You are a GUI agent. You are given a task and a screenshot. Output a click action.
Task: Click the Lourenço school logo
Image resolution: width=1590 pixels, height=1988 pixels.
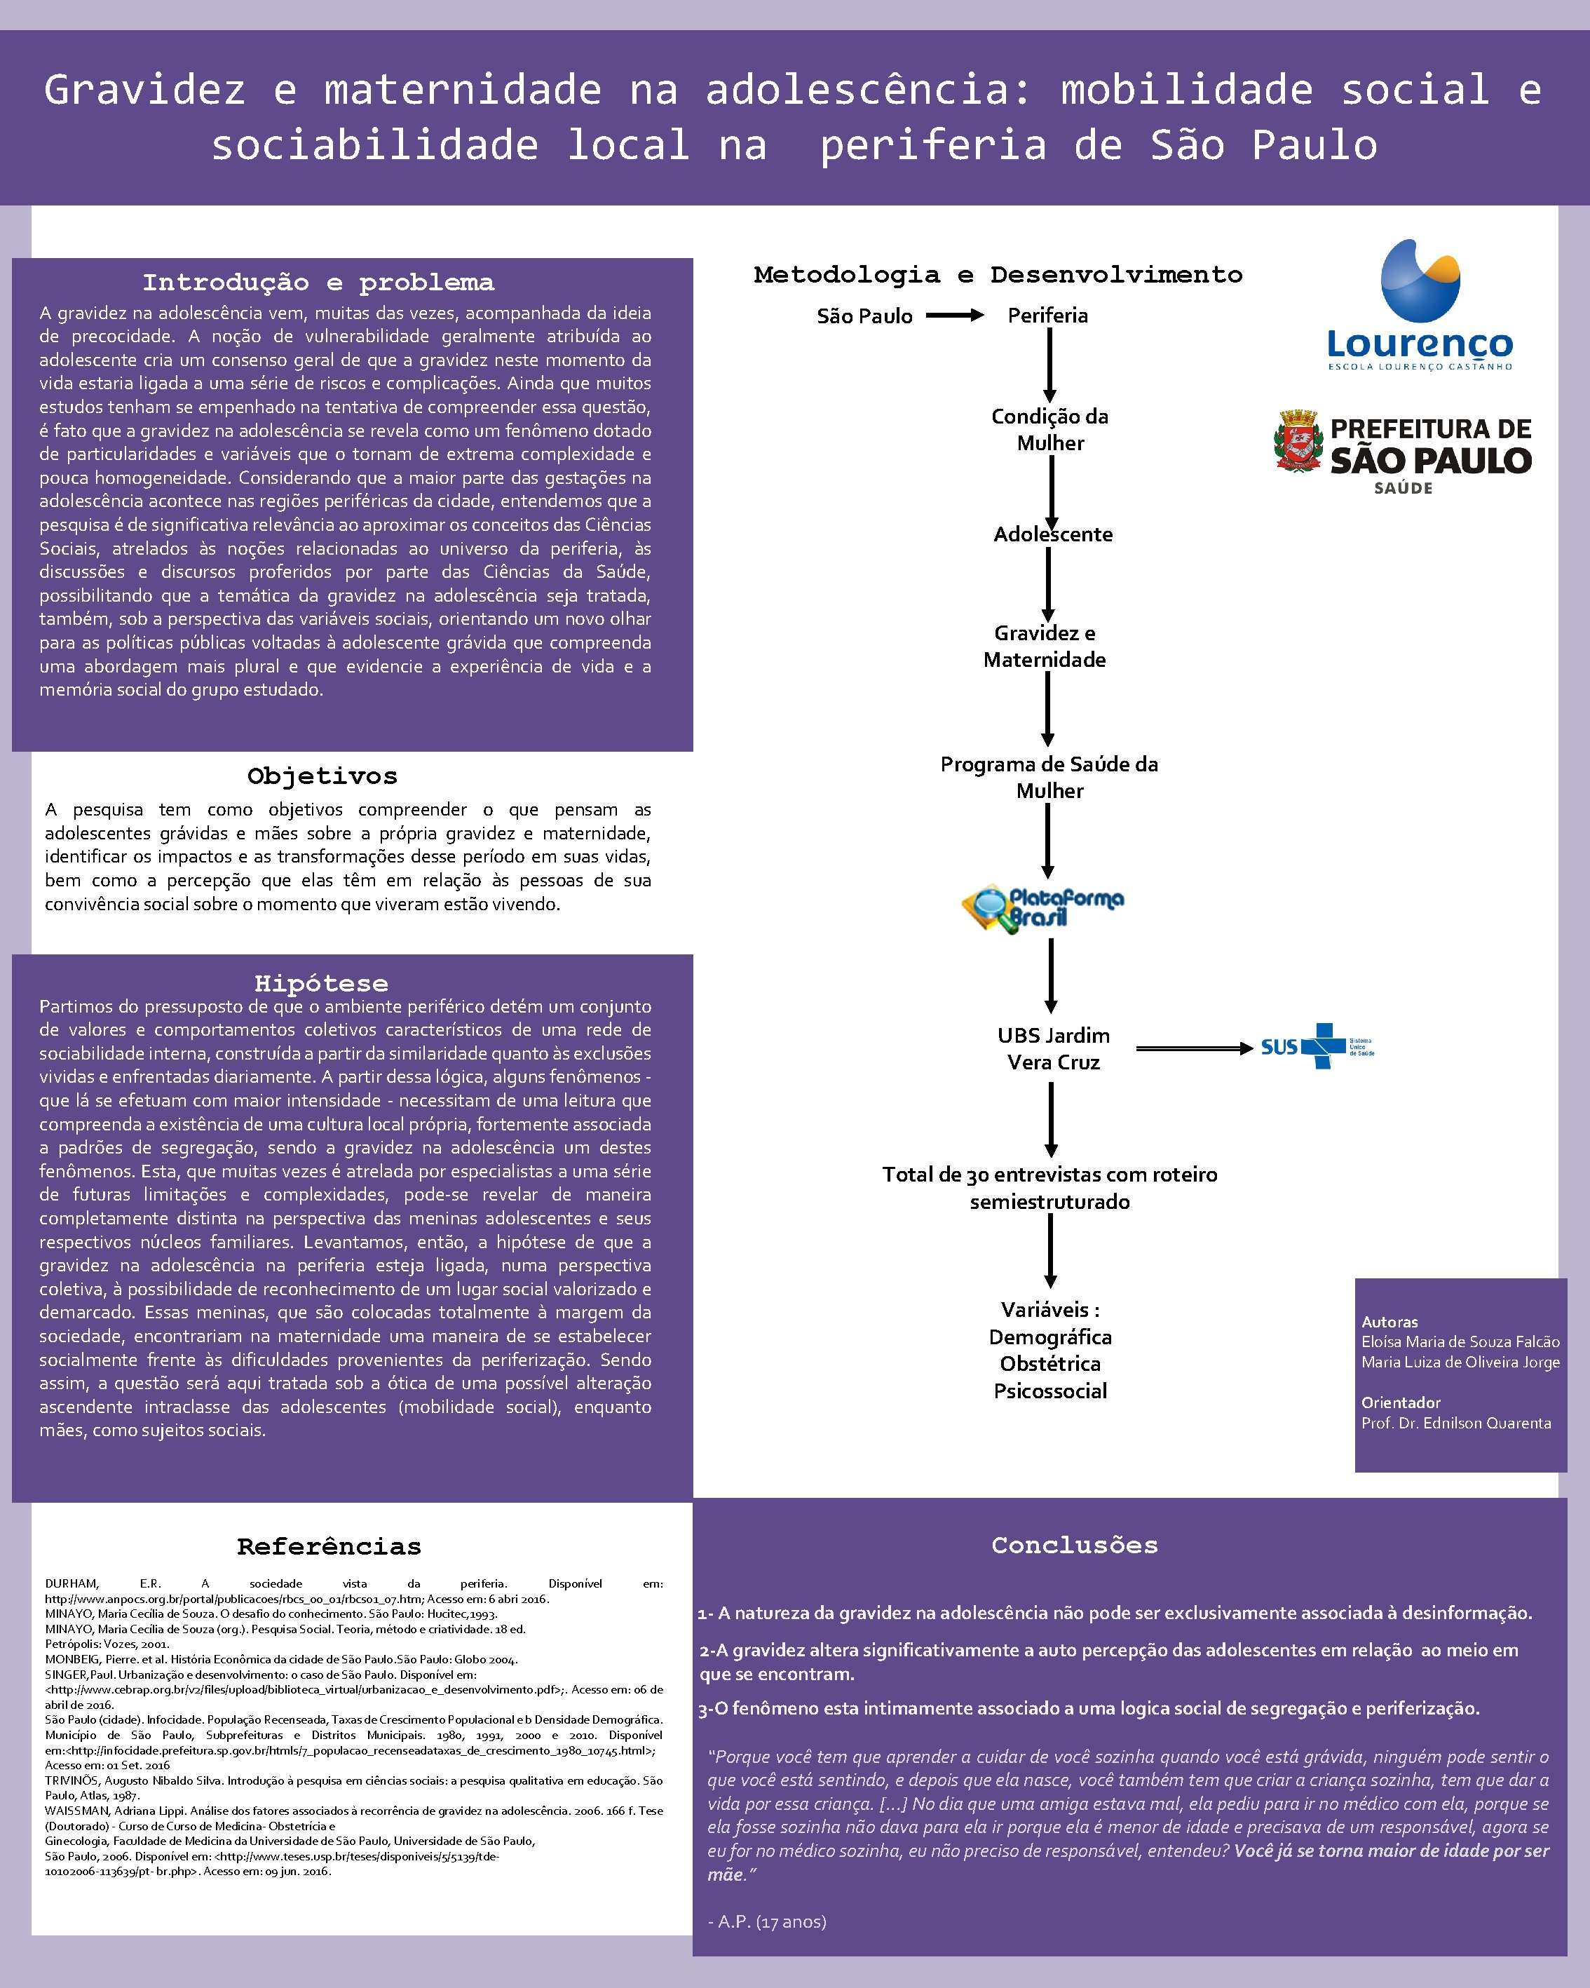point(1420,304)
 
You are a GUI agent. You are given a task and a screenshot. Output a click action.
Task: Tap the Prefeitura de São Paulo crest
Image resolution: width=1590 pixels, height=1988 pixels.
point(1298,442)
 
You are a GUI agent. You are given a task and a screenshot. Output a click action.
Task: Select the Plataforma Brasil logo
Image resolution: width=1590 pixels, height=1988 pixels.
point(1042,908)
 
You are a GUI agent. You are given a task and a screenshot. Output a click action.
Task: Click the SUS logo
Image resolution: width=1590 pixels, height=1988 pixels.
point(1317,1046)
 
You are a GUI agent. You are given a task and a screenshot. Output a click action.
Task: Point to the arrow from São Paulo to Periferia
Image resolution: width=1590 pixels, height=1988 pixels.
point(955,316)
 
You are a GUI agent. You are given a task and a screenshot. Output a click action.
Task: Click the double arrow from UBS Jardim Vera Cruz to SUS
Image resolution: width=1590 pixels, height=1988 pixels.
point(1194,1048)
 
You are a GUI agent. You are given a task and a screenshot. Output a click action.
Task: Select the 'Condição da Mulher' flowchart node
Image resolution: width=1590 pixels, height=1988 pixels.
point(1050,430)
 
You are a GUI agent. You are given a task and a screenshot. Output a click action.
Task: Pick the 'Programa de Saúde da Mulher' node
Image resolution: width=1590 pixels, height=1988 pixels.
point(1049,777)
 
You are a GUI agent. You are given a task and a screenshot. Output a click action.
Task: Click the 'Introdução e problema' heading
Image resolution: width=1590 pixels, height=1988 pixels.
point(318,282)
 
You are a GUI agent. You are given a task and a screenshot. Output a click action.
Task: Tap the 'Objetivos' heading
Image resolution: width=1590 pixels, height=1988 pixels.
point(322,776)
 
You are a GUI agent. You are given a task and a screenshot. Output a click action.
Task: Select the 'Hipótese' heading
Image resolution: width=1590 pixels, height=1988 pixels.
point(321,983)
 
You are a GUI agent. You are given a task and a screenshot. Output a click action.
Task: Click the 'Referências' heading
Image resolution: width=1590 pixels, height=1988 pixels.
point(329,1546)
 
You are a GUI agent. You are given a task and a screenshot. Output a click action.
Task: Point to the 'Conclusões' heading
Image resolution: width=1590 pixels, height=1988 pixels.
point(1075,1546)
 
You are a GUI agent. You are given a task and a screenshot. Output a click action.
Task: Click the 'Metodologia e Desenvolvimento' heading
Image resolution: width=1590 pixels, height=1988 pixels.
point(998,275)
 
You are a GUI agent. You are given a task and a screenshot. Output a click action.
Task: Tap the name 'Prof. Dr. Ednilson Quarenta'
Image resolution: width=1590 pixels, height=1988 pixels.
point(1455,1423)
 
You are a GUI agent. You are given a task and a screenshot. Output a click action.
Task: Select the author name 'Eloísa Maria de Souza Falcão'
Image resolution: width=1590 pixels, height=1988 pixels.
point(1460,1341)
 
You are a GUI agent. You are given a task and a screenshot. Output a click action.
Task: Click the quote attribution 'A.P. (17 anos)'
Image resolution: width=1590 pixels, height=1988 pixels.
point(767,1921)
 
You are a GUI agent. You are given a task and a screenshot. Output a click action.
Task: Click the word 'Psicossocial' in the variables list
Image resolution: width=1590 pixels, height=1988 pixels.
point(1050,1391)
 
